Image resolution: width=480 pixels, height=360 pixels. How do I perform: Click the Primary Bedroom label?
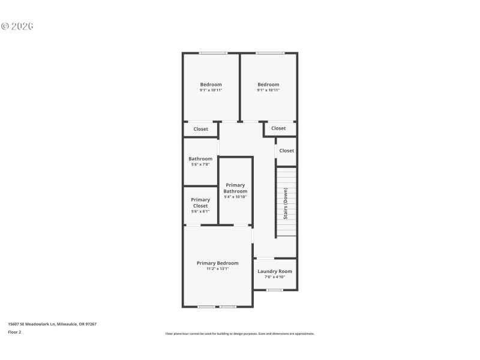pyautogui.click(x=217, y=263)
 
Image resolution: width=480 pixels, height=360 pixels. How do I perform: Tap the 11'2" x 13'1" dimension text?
pyautogui.click(x=217, y=269)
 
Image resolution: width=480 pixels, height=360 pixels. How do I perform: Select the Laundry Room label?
pyautogui.click(x=275, y=271)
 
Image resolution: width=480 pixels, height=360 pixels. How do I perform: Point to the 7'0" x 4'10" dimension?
pyautogui.click(x=275, y=277)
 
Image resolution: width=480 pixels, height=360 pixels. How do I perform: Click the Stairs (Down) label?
pyautogui.click(x=286, y=203)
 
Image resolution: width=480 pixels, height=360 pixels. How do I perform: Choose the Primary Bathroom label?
pyautogui.click(x=235, y=188)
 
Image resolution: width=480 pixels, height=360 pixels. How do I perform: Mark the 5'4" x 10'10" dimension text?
pyautogui.click(x=235, y=197)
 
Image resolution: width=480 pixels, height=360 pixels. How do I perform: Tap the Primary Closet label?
pyautogui.click(x=200, y=203)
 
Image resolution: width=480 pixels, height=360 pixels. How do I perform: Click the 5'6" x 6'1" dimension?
pyautogui.click(x=200, y=211)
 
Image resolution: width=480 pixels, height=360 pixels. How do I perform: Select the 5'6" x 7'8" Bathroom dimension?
pyautogui.click(x=200, y=164)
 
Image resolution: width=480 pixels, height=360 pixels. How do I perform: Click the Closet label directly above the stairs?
pyautogui.click(x=286, y=151)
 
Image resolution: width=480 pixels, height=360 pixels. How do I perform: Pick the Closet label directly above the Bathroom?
pyautogui.click(x=200, y=129)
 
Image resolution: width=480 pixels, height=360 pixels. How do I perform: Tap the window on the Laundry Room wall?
pyautogui.click(x=275, y=290)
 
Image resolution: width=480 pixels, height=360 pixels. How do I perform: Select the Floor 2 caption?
pyautogui.click(x=14, y=332)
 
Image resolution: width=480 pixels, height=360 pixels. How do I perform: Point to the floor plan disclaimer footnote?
pyautogui.click(x=239, y=334)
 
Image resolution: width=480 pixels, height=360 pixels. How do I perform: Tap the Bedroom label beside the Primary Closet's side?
pyautogui.click(x=211, y=85)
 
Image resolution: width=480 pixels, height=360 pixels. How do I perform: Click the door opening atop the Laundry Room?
pyautogui.click(x=265, y=259)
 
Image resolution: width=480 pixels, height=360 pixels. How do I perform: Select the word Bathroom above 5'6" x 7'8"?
pyautogui.click(x=200, y=159)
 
